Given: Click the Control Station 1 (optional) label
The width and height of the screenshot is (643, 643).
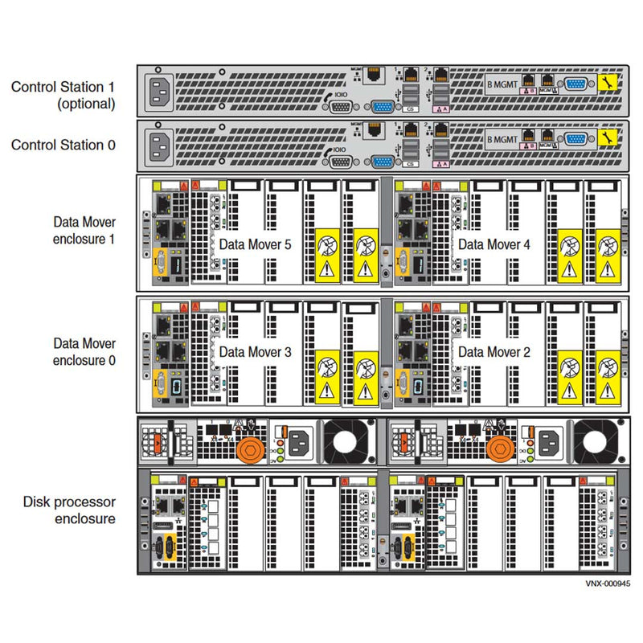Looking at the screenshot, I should (63, 95).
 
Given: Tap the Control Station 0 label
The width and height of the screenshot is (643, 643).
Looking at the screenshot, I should (63, 145).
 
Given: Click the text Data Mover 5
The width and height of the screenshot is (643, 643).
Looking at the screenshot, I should (255, 244).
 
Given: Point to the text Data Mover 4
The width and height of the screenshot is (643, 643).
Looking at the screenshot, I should (489, 244).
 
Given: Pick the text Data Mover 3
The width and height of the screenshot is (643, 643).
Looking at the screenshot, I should (255, 351).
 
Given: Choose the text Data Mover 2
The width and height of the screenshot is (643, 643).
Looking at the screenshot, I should (489, 351).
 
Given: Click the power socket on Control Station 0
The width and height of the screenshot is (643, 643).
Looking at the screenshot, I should (161, 146).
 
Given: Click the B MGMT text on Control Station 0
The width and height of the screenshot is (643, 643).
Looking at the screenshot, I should (502, 138).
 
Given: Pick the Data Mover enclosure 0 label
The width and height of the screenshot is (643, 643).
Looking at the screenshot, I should (84, 352).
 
